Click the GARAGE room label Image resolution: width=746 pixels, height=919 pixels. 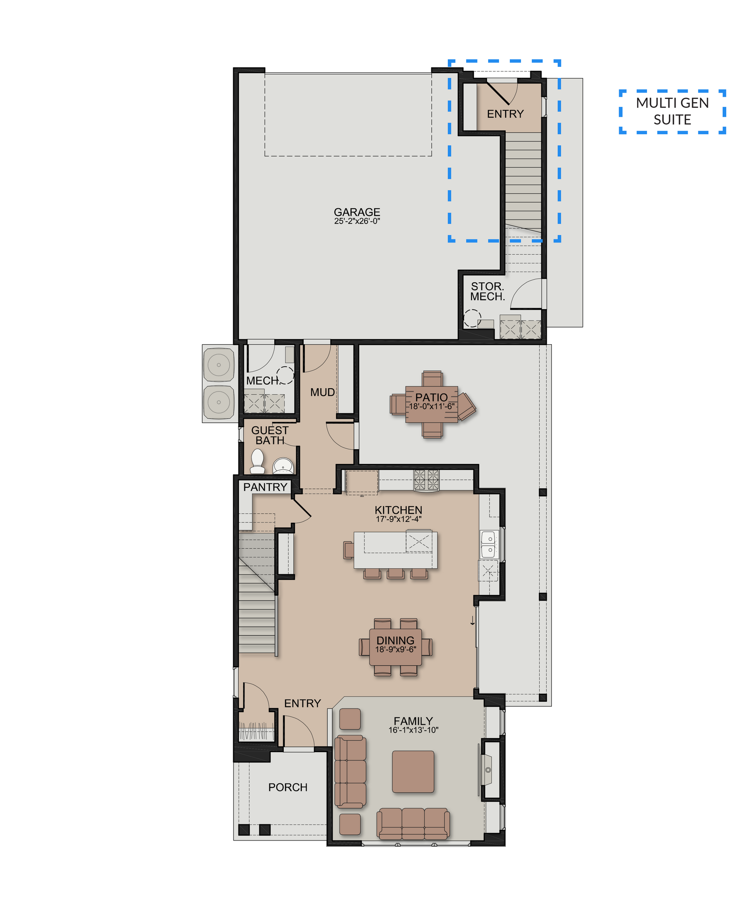[x=357, y=212]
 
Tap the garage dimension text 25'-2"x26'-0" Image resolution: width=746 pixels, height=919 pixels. [x=357, y=221]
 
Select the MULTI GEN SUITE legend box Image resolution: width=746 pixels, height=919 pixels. [x=672, y=112]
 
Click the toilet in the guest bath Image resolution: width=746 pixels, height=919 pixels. [x=257, y=461]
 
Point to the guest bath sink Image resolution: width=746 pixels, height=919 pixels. [x=283, y=466]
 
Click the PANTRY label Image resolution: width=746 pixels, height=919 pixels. [x=265, y=487]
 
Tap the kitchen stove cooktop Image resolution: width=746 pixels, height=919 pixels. [x=426, y=480]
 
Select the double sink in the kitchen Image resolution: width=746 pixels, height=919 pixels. [x=489, y=543]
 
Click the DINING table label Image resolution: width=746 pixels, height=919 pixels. [x=395, y=640]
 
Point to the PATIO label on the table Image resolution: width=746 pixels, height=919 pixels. [x=431, y=397]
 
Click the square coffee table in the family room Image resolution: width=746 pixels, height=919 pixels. [x=413, y=771]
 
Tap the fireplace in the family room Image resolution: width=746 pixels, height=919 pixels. [x=487, y=770]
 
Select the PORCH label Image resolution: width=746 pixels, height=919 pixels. [x=288, y=787]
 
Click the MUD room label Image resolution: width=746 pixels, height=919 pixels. [x=322, y=392]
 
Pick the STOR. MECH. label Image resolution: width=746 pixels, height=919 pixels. [x=487, y=291]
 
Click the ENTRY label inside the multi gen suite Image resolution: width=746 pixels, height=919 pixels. [x=505, y=114]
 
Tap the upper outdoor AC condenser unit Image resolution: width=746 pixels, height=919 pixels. [x=219, y=365]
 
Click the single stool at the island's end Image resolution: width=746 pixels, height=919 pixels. [x=348, y=550]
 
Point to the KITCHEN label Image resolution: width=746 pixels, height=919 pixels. [x=399, y=510]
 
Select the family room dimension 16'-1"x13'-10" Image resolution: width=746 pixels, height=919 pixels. [x=413, y=730]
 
